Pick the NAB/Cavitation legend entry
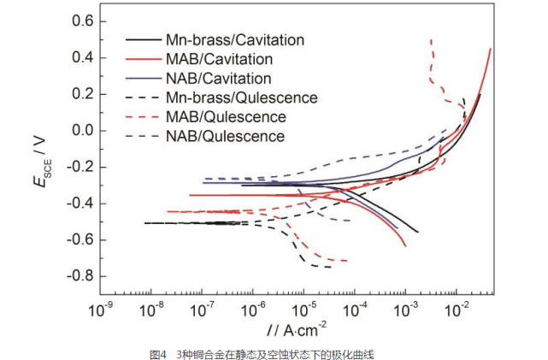point(219,79)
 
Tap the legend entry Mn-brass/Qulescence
point(242,97)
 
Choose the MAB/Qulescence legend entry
point(226,116)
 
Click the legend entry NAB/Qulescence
point(225,135)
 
